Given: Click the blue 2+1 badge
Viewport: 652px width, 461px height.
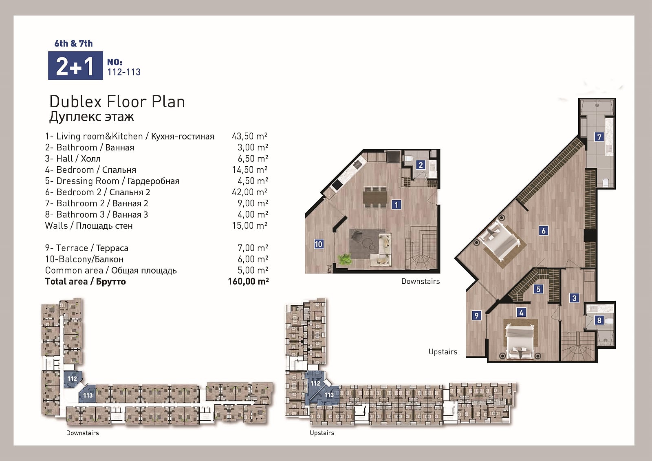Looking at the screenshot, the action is (75, 66).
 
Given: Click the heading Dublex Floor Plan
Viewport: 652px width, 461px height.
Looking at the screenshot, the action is (117, 102).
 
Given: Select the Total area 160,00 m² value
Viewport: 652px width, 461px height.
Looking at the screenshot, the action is (248, 281).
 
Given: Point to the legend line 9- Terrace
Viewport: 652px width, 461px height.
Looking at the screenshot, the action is (87, 248).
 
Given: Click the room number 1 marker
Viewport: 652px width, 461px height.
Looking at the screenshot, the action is (396, 205).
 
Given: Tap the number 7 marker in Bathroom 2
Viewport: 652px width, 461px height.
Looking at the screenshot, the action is (599, 137).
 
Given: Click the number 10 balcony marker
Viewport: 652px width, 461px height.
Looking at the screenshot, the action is (318, 244).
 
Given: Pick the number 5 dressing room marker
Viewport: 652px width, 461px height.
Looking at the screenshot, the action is (538, 289).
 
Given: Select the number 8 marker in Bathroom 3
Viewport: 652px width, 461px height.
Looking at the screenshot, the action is (599, 320).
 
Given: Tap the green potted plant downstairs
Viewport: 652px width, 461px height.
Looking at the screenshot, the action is (345, 259).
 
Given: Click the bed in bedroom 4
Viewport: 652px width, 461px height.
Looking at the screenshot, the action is (520, 342).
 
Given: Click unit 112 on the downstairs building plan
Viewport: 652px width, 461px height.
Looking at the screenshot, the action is (72, 379).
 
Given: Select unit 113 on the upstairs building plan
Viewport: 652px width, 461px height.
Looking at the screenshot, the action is (329, 395).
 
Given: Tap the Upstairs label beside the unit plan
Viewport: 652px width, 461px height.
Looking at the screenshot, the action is (443, 352).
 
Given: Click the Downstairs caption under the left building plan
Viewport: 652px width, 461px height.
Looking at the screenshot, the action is (82, 433).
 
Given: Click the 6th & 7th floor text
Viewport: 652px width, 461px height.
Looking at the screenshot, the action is (73, 43).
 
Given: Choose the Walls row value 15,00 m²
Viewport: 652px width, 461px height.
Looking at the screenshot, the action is (250, 225).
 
